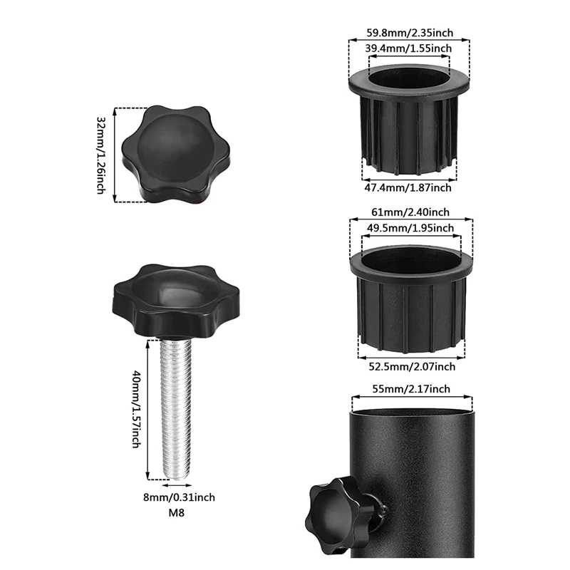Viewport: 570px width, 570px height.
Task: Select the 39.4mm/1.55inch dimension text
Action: [x=408, y=48]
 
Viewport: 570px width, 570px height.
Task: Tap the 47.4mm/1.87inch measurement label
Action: [x=408, y=188]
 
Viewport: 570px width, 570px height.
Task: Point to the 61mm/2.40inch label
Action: [x=410, y=212]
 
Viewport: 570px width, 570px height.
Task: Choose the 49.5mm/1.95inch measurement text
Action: [x=410, y=228]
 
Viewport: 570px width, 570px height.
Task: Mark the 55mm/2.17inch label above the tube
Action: [x=411, y=388]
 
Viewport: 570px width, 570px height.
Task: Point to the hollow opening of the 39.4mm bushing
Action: [x=409, y=74]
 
